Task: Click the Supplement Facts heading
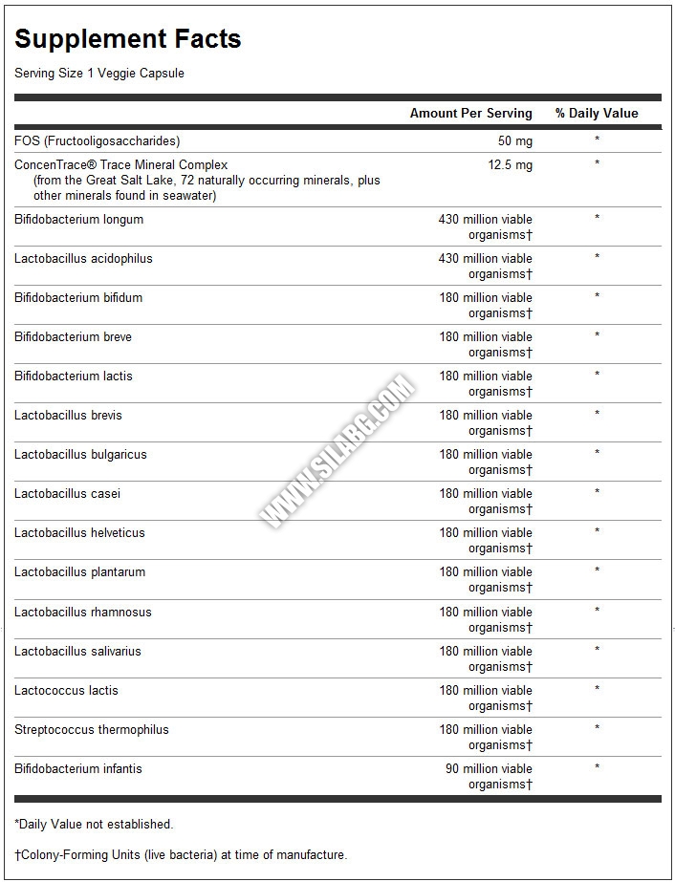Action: [x=127, y=39]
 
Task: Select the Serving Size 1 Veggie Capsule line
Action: [x=99, y=74]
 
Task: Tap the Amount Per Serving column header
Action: [x=470, y=113]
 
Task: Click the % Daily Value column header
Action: [x=596, y=113]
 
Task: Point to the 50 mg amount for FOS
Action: [x=515, y=141]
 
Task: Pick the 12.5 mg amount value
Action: [x=511, y=164]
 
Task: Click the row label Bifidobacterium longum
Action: [x=78, y=220]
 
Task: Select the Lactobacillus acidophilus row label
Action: [x=83, y=259]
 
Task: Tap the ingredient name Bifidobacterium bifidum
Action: [x=78, y=298]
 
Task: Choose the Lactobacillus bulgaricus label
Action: [x=80, y=455]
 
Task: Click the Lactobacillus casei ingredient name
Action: [x=67, y=494]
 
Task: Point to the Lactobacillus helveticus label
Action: [x=79, y=533]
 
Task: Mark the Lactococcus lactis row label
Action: [x=66, y=690]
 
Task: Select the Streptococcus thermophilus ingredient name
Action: [x=91, y=729]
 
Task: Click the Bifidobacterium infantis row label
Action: [x=78, y=768]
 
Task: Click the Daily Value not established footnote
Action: [x=94, y=824]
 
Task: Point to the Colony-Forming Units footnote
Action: [x=181, y=855]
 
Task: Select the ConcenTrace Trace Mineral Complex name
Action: [x=120, y=164]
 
